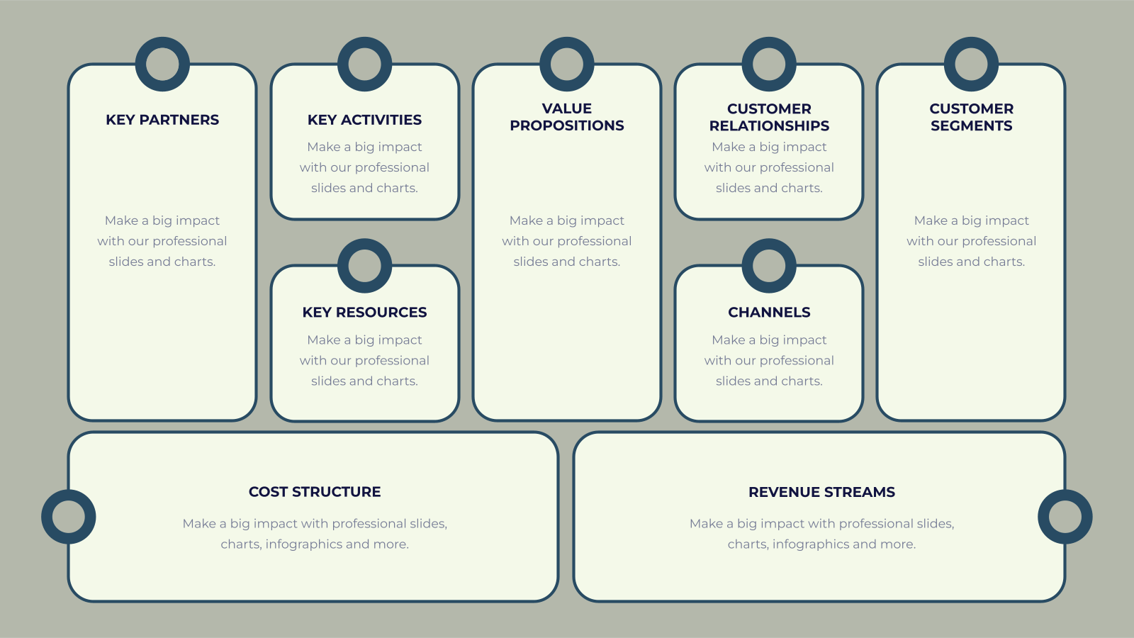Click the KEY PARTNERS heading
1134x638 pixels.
tap(162, 120)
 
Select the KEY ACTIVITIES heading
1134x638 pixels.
tap(364, 120)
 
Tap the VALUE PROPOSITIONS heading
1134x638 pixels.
tap(566, 117)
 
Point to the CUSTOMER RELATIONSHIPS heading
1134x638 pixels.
tap(769, 117)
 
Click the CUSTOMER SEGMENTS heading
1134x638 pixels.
tap(971, 117)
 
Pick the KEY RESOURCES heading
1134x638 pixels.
tap(364, 313)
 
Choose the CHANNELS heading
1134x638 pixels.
tap(769, 313)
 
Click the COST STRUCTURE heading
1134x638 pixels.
tap(315, 492)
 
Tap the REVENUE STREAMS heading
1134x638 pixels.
tap(821, 492)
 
